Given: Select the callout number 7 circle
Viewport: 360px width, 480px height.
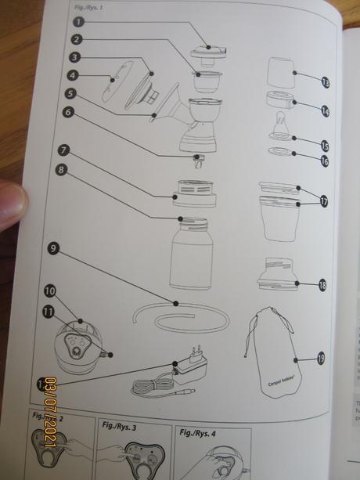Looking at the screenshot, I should (x=63, y=150).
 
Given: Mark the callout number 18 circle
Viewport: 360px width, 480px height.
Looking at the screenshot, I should (x=323, y=286).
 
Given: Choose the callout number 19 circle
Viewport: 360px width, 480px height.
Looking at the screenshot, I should (x=322, y=359).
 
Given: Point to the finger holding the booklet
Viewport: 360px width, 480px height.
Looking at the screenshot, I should (x=11, y=204).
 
